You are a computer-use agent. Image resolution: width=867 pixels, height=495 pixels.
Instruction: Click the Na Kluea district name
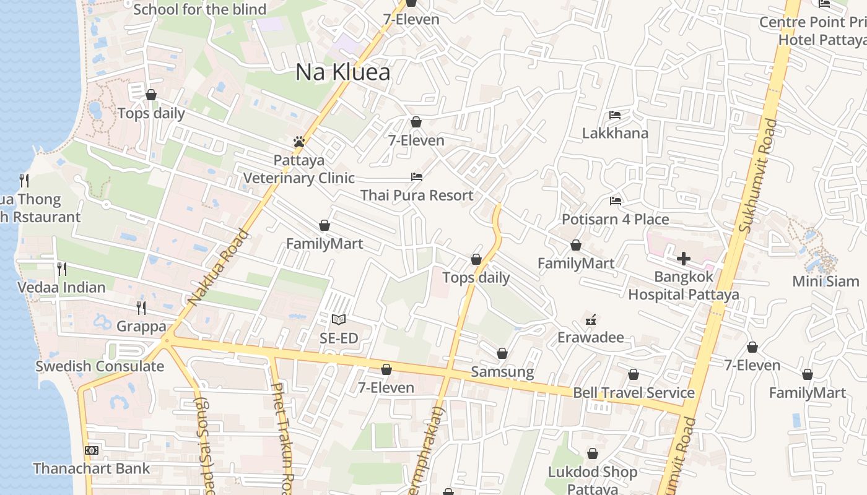point(342,72)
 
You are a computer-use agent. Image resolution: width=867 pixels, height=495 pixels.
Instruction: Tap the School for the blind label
point(199,9)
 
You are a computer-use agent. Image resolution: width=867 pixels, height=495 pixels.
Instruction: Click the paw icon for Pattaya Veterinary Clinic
point(299,142)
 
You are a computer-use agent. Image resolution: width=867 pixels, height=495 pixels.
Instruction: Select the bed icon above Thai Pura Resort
point(417,177)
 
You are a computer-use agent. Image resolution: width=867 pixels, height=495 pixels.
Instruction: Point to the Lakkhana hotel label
point(615,133)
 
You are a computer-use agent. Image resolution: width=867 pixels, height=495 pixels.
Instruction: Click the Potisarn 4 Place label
point(615,219)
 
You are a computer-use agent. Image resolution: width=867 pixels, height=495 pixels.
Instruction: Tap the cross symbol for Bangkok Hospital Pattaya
point(684,258)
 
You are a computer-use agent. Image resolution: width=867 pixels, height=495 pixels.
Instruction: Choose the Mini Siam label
point(826,281)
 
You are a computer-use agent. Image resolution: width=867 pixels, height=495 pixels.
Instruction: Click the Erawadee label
point(590,337)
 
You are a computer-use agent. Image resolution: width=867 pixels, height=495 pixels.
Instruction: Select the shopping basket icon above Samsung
point(502,353)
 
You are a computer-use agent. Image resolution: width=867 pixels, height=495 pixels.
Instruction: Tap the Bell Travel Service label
point(634,392)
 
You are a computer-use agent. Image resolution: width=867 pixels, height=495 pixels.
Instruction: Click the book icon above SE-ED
point(338,320)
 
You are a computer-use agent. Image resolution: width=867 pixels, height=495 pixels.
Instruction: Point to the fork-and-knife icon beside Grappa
point(141,308)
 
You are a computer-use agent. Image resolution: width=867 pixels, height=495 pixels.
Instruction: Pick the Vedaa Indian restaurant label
point(61,287)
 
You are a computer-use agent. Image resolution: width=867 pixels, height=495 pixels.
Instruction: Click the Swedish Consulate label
point(100,366)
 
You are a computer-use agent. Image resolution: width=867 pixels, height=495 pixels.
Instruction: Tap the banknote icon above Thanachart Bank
point(91,450)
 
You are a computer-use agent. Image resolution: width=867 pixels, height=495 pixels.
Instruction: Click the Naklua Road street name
point(218,269)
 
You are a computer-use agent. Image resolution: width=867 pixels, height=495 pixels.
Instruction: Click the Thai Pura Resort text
point(417,196)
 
